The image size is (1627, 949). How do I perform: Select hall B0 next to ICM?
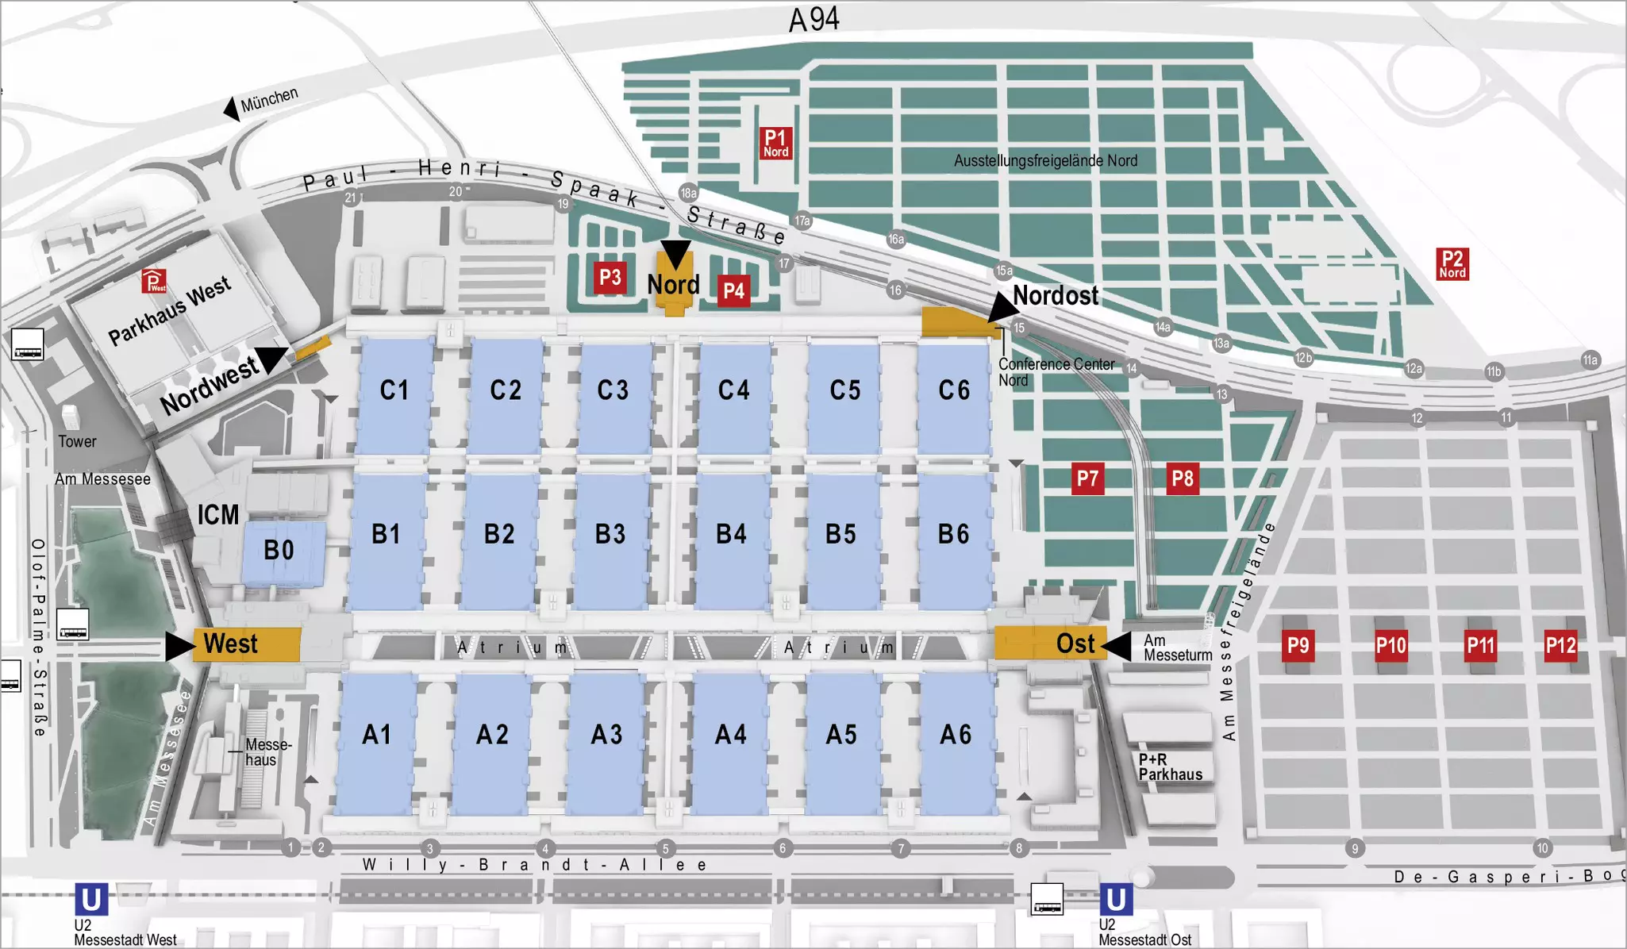point(279,551)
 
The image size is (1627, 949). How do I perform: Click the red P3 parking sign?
point(610,278)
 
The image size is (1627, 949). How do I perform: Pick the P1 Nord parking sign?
point(775,144)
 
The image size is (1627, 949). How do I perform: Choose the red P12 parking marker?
point(1560,646)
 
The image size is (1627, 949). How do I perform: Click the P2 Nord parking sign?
point(1452,264)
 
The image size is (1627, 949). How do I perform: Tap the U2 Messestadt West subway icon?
point(91,900)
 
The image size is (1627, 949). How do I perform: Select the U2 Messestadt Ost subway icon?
point(1115,900)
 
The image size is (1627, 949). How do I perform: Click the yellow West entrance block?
point(247,644)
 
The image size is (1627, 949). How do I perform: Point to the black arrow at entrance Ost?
point(1117,646)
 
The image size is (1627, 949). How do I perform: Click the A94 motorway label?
point(813,20)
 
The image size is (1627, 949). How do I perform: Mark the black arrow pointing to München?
point(232,109)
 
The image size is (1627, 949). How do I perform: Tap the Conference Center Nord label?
point(1056,372)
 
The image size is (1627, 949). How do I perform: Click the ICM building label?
point(217,515)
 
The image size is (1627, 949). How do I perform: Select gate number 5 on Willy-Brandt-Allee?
point(666,849)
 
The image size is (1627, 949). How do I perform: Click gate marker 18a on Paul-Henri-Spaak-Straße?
point(688,193)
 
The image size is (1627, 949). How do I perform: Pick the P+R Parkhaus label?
point(1170,767)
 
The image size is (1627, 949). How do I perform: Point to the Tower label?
point(77,442)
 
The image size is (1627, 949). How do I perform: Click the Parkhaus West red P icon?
point(154,281)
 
